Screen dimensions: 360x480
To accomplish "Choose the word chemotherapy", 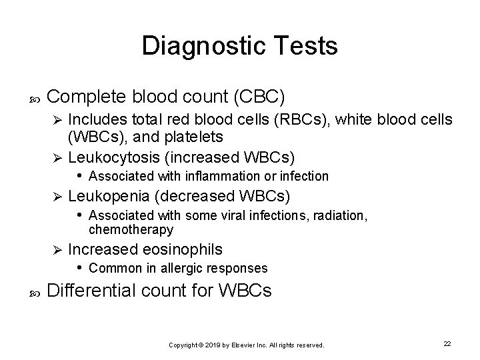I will coord(131,230).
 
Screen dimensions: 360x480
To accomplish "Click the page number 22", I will coord(447,343).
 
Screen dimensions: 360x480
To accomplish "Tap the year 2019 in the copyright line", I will coord(212,345).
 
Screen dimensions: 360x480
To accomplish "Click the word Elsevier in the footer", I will coord(243,345).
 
